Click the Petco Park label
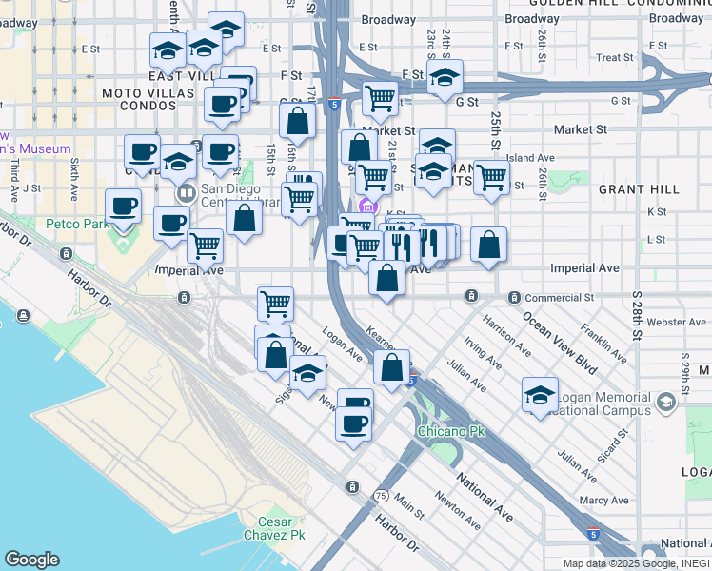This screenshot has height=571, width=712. coord(78,225)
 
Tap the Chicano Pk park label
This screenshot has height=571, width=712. coord(450,432)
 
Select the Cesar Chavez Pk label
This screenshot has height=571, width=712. coord(281,528)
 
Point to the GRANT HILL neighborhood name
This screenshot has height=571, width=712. coord(639,189)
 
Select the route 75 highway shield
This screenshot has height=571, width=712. coord(381,497)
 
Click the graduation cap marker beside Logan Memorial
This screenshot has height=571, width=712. coord(540,394)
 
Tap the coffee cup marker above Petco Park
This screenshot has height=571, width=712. coord(123,206)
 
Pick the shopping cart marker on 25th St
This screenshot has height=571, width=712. coord(491,177)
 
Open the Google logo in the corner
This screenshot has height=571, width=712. coord(31,560)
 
